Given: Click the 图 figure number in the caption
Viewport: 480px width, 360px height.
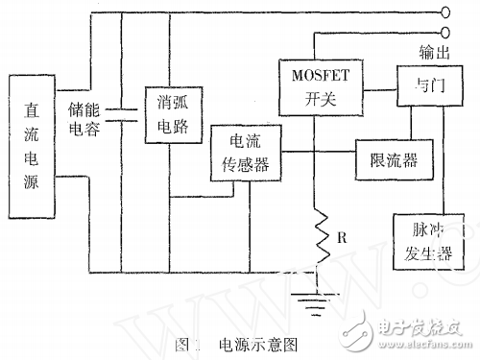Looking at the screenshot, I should pos(184,343).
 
